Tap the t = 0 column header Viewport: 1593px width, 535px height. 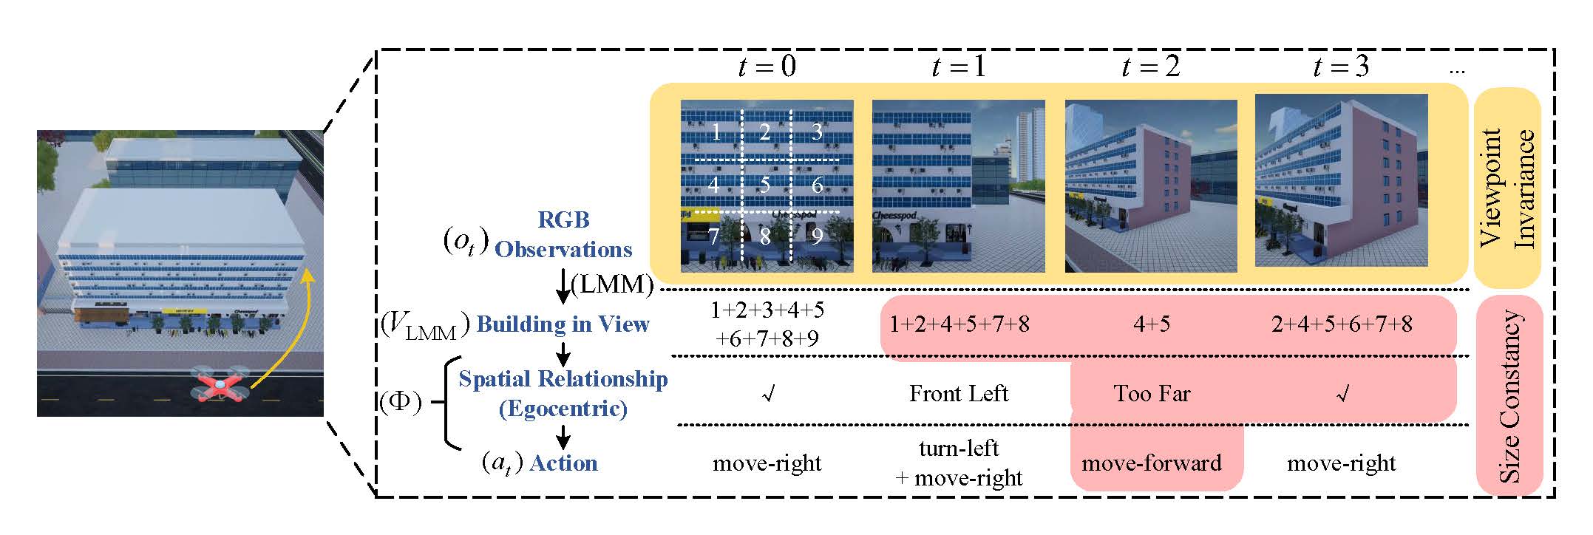[x=767, y=67]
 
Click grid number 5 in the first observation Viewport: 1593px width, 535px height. [x=765, y=184]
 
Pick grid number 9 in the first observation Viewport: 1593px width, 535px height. [x=817, y=236]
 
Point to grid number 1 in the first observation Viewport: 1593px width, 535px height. [x=715, y=133]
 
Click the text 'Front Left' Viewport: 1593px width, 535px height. [x=958, y=393]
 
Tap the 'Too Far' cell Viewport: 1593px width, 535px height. [x=1152, y=393]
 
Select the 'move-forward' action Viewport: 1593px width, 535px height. [x=1152, y=463]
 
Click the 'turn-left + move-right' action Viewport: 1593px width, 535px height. [x=959, y=463]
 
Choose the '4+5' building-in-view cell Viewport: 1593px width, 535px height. [x=1151, y=324]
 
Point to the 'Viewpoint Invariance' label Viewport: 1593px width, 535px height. [x=1507, y=188]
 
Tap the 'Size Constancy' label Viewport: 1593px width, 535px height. [x=1509, y=396]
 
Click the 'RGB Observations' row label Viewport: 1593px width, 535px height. [x=563, y=235]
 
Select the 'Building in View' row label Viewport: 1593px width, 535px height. [x=563, y=324]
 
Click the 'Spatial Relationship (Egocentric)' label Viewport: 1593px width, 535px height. [x=563, y=393]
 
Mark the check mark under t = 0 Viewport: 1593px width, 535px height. [x=768, y=395]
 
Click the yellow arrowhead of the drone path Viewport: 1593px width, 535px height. [x=308, y=276]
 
